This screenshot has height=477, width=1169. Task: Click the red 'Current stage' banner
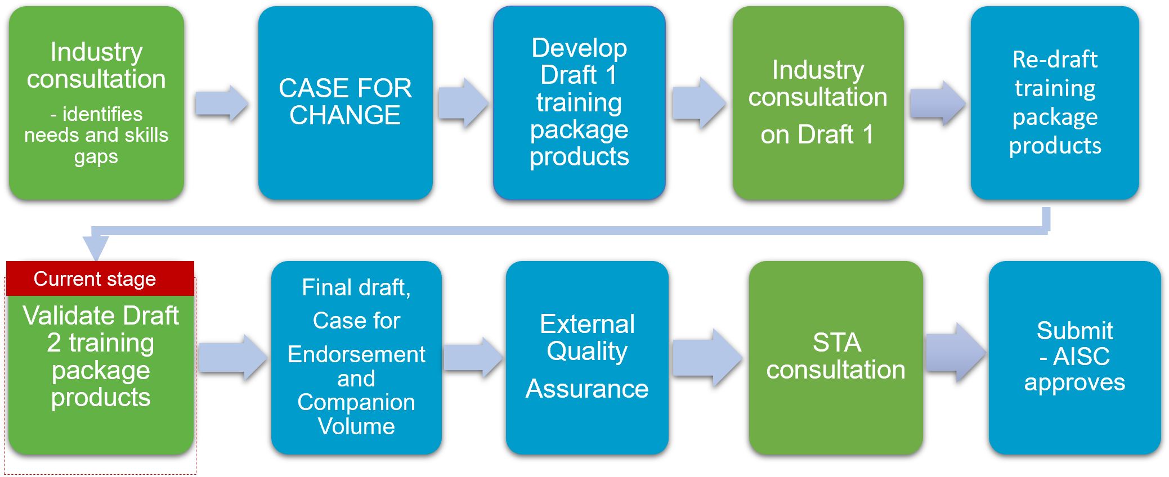coord(100,278)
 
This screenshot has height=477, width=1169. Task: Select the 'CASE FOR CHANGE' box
coord(345,103)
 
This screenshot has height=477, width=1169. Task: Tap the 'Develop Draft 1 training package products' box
coord(579,103)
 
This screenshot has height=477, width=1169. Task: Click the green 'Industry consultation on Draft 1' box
coord(818,103)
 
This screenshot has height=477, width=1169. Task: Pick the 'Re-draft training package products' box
coord(1055,103)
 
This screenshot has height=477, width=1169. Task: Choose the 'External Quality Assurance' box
coord(587,358)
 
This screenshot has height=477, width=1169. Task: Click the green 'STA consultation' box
coord(836,358)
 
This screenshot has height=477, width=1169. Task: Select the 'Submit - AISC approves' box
coord(1074,358)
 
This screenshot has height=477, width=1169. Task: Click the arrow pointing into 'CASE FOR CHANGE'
coord(222,103)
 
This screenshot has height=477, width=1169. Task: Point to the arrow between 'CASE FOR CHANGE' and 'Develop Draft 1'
coord(463,103)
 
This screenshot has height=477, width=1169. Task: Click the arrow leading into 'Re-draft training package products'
coord(937,103)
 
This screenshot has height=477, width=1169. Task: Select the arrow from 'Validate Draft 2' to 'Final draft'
coord(233,358)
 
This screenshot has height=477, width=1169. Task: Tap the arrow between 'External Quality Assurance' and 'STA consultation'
coord(707,358)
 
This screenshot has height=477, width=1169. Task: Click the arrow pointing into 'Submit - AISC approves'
coord(956,353)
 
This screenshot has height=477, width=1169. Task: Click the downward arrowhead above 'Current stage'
coord(96,248)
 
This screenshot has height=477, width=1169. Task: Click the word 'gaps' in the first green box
coord(96,157)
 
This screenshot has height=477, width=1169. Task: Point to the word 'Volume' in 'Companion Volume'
coord(356,426)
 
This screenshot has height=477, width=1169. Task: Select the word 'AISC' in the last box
coord(1082,356)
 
